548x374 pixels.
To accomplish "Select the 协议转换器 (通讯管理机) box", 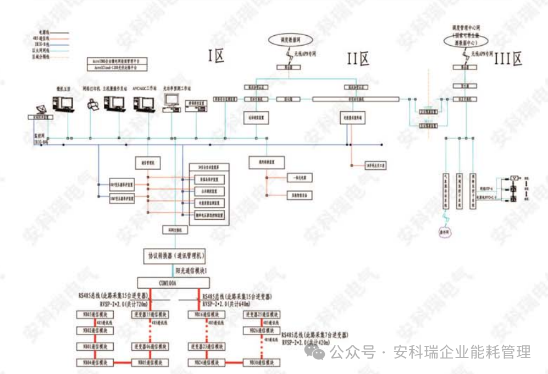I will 174,256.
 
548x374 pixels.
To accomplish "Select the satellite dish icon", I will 40,110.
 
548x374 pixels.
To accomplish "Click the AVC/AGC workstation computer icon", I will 144,103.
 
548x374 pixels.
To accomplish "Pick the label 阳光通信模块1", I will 195,270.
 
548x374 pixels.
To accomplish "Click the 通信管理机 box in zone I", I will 147,163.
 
